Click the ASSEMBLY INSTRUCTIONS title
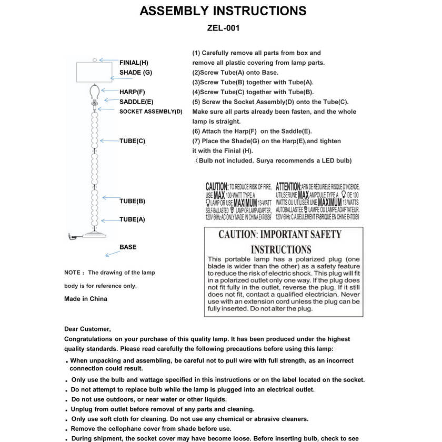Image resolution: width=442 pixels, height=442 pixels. (x=223, y=11)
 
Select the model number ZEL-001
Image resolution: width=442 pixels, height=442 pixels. (x=223, y=28)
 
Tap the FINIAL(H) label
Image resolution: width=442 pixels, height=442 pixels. (x=134, y=63)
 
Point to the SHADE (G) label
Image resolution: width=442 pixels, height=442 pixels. (x=135, y=73)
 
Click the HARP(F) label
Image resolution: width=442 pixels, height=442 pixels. (x=132, y=92)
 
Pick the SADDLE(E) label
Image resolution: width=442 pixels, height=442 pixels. (x=136, y=102)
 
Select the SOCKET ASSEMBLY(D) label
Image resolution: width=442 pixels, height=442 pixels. (x=150, y=112)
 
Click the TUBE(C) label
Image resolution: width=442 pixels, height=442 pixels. (x=132, y=141)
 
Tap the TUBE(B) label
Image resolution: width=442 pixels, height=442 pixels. (x=132, y=201)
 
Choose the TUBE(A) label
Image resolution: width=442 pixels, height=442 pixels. (x=132, y=219)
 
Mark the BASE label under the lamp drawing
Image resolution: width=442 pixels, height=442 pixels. (x=128, y=247)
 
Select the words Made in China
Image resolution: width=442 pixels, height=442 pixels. (x=85, y=299)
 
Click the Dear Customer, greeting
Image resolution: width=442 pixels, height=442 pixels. (x=87, y=329)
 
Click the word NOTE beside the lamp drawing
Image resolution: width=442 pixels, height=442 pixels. (x=72, y=273)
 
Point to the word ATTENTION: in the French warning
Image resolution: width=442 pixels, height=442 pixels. (x=288, y=187)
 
